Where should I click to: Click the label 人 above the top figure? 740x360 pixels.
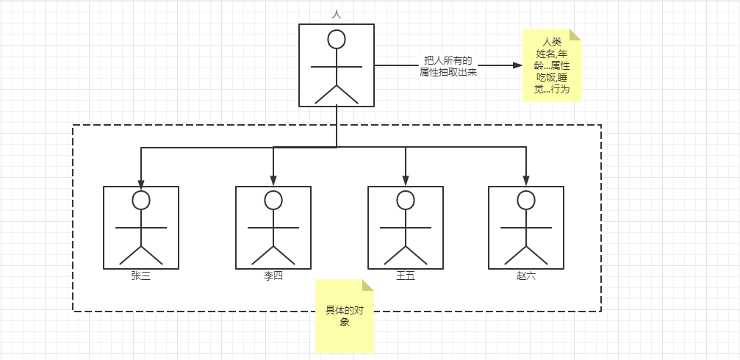tap(337, 14)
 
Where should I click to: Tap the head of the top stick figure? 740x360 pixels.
tap(337, 40)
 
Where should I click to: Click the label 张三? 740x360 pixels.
tap(141, 276)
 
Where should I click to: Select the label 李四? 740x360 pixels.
tap(273, 276)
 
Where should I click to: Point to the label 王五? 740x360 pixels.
tap(406, 276)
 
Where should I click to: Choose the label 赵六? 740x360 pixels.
tap(526, 276)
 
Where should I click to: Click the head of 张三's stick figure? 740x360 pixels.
tap(141, 200)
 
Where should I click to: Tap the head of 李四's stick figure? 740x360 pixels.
tap(273, 200)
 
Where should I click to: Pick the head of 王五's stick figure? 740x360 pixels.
tap(406, 200)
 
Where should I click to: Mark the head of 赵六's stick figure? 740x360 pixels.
tap(526, 200)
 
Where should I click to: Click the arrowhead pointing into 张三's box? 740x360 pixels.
tap(141, 181)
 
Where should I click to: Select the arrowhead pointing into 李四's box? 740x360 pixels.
tap(273, 181)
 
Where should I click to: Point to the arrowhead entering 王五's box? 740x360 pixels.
tap(406, 181)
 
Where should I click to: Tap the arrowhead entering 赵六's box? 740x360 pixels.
tap(526, 181)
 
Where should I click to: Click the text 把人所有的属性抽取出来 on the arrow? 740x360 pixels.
tap(448, 66)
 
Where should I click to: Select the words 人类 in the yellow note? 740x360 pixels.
tap(552, 41)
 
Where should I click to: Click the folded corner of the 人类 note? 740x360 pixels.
tap(575, 35)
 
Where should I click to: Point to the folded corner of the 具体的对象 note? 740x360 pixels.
tap(368, 285)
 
